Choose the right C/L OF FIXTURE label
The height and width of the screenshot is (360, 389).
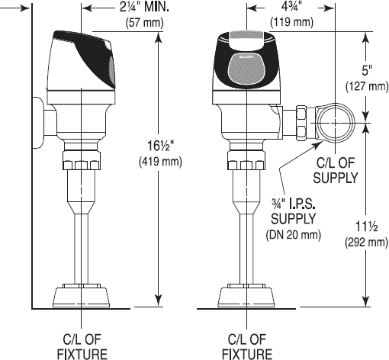(246, 346)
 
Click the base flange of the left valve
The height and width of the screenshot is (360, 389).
(80, 294)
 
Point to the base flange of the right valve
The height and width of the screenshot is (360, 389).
(246, 294)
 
